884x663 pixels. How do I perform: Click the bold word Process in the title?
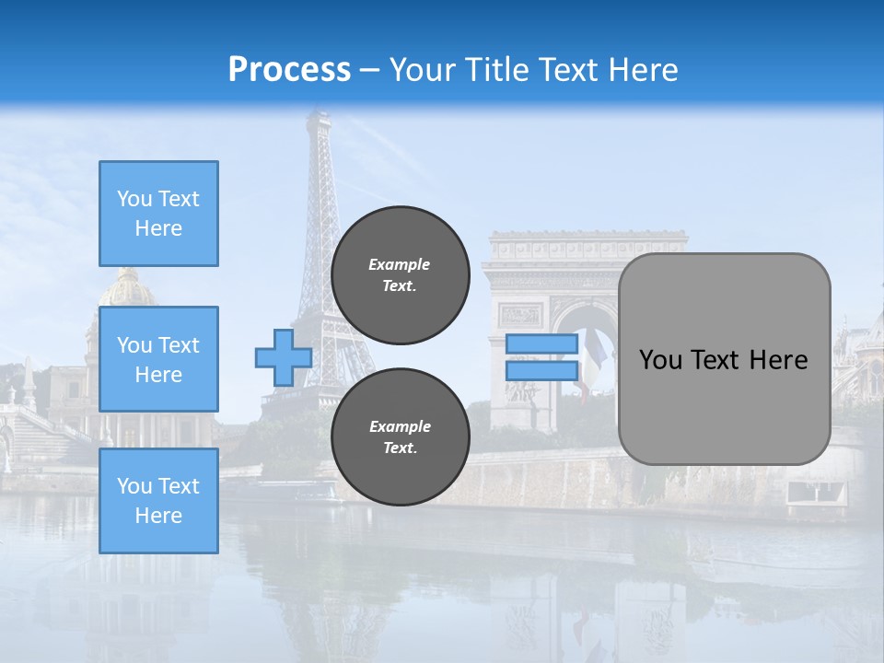(289, 70)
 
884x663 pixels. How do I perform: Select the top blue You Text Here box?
(158, 214)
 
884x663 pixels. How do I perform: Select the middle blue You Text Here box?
(158, 359)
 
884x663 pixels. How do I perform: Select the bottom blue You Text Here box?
(158, 501)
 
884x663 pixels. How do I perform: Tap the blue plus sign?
(283, 357)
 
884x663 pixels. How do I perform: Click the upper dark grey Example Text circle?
(401, 275)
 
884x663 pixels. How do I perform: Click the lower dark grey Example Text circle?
(401, 437)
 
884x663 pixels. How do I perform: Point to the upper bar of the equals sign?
(541, 344)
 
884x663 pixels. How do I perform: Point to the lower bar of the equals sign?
(541, 371)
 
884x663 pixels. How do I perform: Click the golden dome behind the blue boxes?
(126, 288)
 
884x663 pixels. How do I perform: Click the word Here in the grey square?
(778, 360)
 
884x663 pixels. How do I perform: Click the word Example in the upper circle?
(400, 264)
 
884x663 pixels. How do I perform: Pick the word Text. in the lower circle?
(400, 448)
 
